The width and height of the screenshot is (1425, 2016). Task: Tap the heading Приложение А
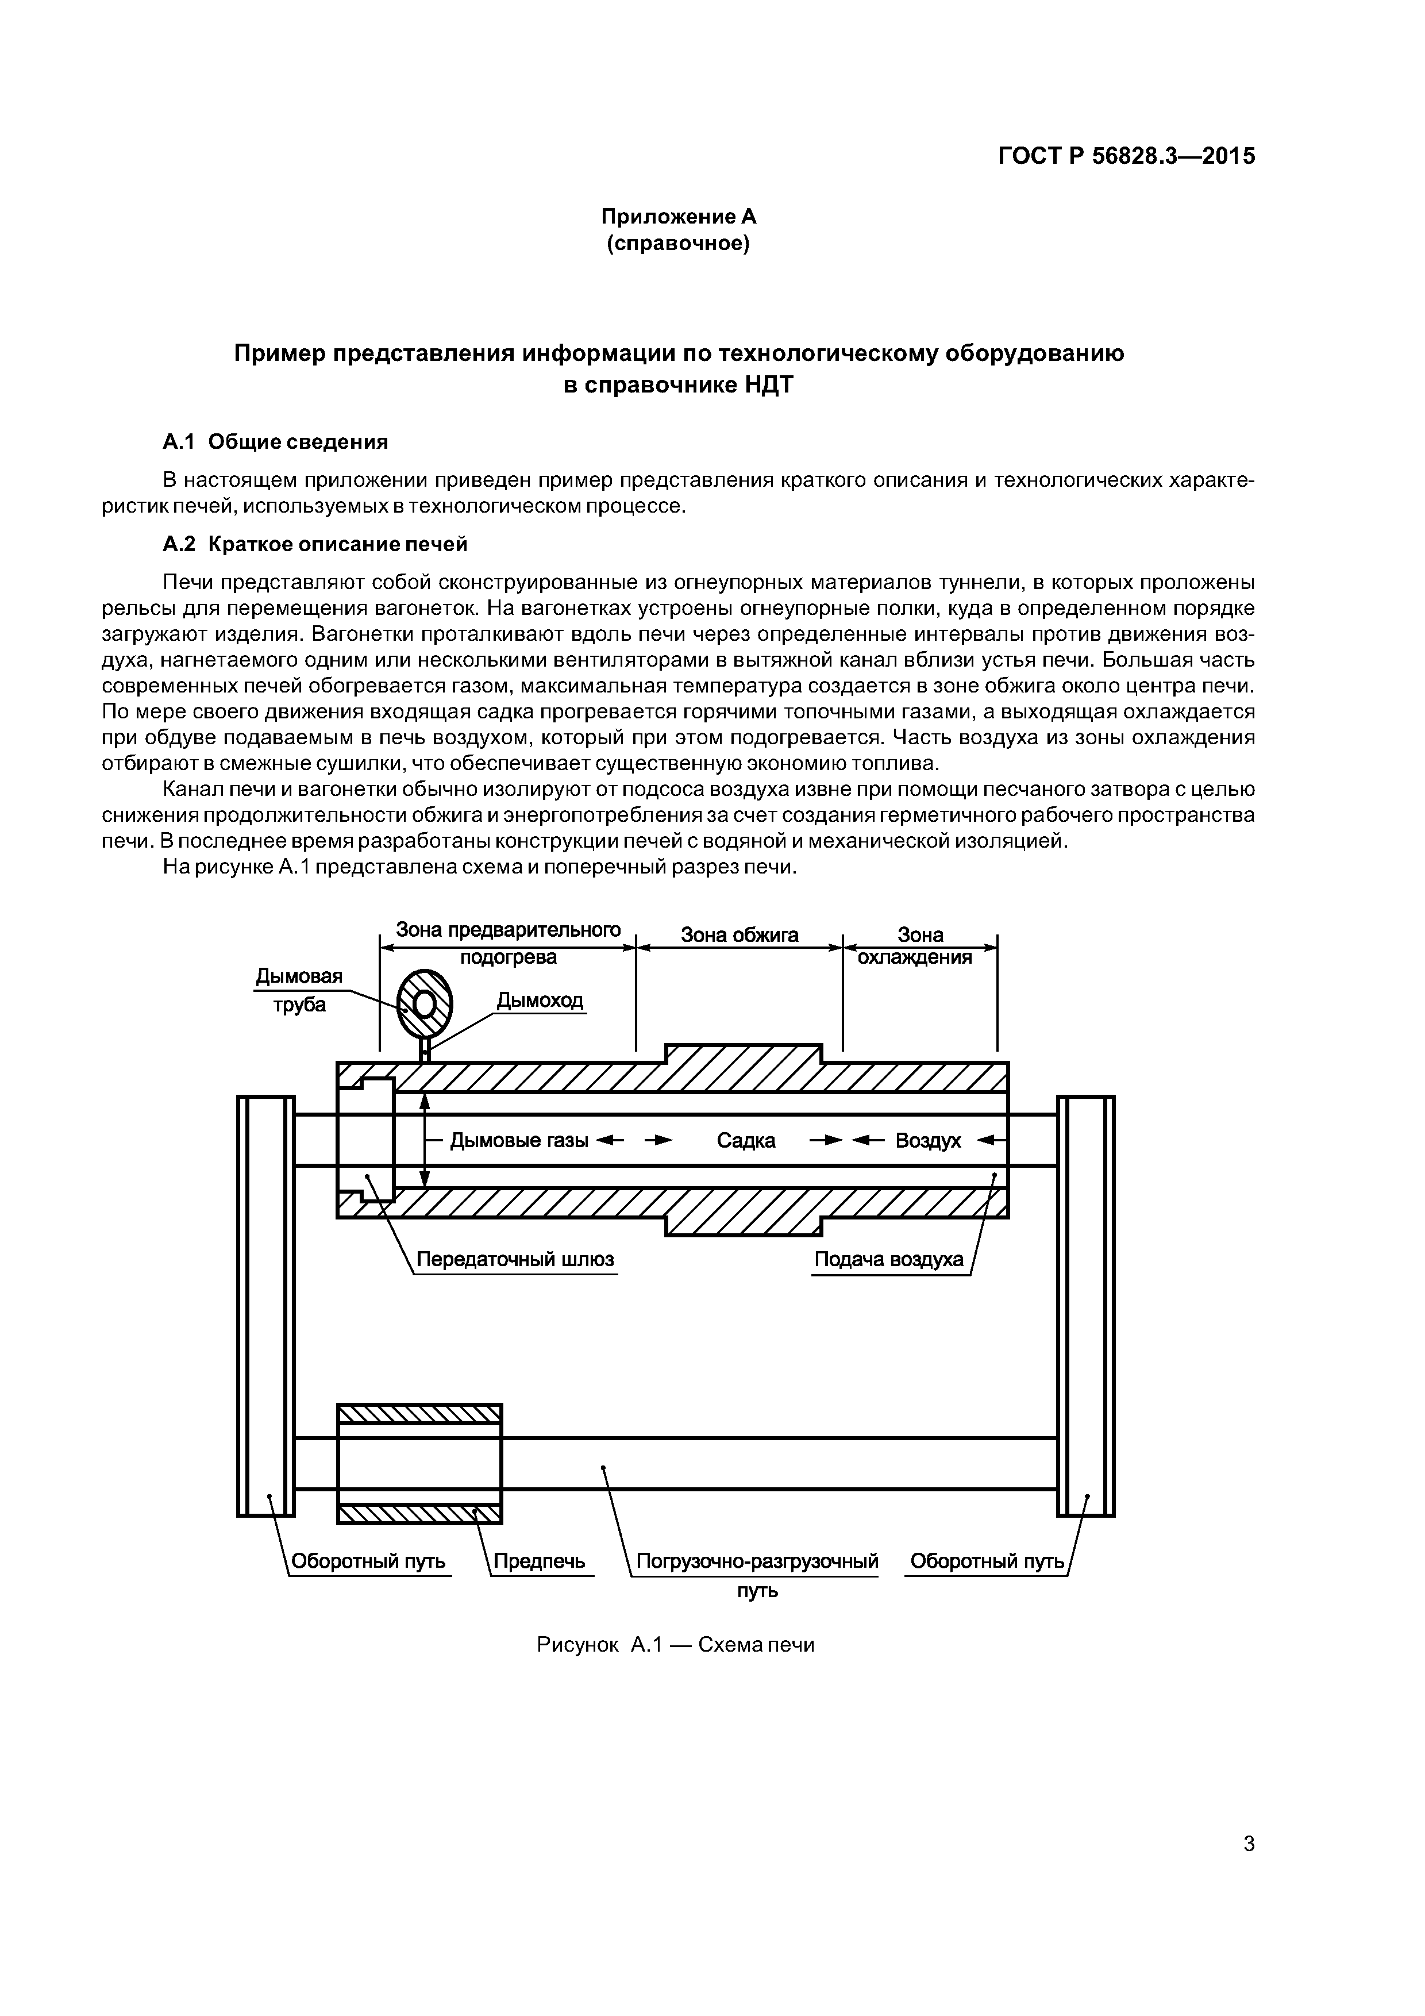pos(678,216)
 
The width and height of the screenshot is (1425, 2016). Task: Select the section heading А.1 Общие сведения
pos(276,442)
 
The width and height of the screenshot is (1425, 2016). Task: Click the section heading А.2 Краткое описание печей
pos(315,544)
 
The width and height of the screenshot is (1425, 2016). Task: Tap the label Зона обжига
pos(740,935)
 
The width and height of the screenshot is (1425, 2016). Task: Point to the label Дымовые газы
pos(519,1141)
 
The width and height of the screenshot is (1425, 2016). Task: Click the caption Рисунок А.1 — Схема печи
pos(675,1645)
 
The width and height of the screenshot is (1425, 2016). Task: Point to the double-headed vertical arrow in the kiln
pos(424,1141)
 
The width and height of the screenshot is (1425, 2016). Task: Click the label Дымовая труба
pos(299,990)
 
